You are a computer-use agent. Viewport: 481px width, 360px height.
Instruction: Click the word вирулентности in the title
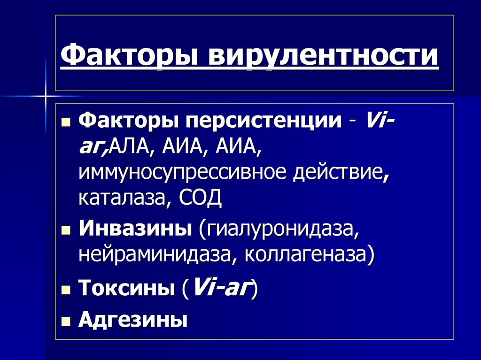click(323, 56)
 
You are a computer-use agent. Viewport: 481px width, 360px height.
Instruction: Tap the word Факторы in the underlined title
click(130, 56)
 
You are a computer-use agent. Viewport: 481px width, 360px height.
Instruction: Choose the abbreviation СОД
click(201, 198)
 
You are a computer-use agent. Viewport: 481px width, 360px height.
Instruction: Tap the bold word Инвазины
click(135, 229)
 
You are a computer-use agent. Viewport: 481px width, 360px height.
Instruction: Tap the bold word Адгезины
click(133, 321)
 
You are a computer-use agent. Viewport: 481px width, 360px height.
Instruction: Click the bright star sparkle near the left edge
click(46, 97)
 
